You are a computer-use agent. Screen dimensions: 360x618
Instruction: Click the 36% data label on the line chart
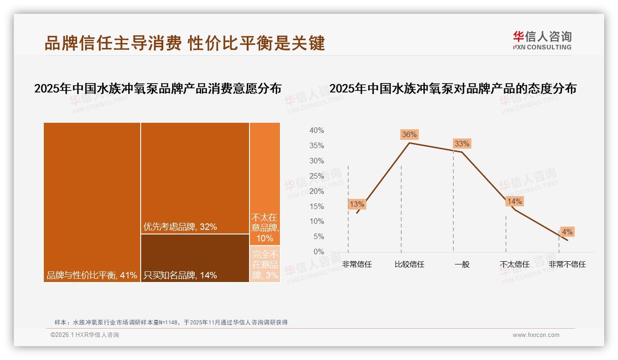[x=410, y=135]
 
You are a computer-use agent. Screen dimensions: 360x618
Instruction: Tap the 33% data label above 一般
[x=462, y=144]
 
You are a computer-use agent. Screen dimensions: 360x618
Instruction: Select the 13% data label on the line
[x=357, y=204]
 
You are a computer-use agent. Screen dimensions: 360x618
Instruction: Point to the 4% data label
[x=567, y=232]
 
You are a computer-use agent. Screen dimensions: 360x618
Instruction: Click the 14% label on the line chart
[x=514, y=201]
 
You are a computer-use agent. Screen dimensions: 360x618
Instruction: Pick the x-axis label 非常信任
[x=357, y=264]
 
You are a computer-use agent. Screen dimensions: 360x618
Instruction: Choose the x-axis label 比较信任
[x=410, y=264]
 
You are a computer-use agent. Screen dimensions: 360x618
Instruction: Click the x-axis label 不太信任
[x=515, y=264]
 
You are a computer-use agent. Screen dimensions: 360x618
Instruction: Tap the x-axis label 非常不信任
[x=567, y=264]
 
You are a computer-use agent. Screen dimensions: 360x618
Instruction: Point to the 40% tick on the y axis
[x=316, y=131]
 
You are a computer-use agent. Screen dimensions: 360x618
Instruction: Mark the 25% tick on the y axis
[x=316, y=176]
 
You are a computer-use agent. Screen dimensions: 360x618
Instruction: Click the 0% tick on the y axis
[x=319, y=252]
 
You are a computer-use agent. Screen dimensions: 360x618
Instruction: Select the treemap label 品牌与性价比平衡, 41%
[x=92, y=276]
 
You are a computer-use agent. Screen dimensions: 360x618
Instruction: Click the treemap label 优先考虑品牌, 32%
[x=180, y=227]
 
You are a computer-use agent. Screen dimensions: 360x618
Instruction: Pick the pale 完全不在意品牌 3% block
[x=265, y=264]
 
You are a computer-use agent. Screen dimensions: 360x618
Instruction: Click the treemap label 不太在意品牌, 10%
[x=265, y=228]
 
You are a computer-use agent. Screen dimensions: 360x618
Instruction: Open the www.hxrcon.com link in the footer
[x=536, y=335]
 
